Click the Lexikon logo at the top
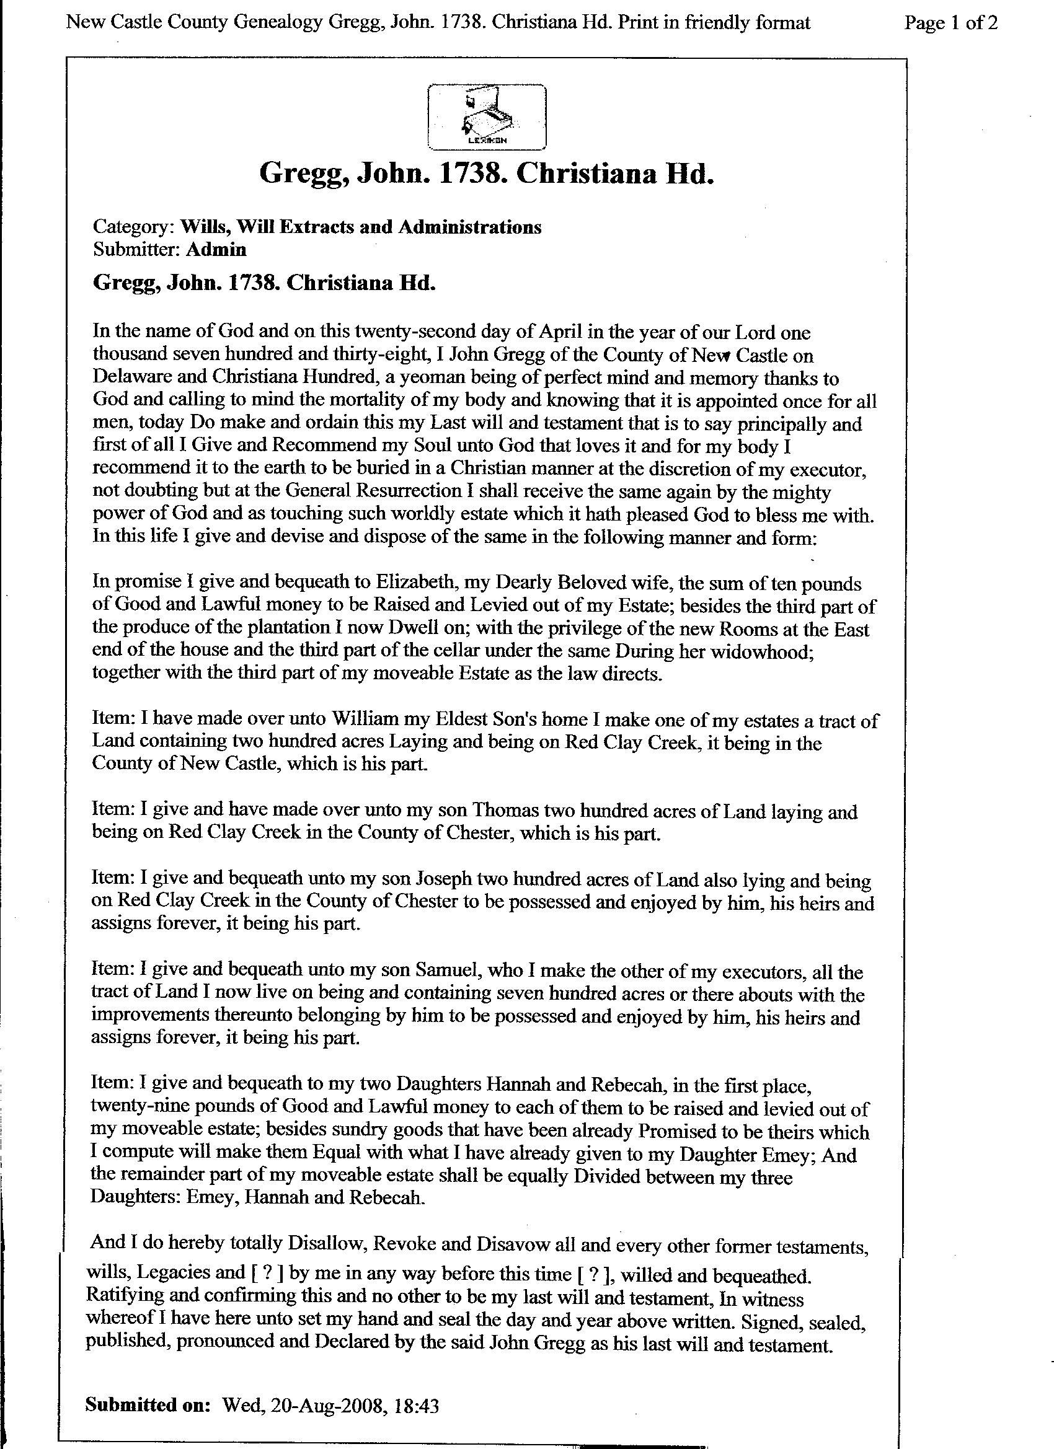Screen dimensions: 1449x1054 coord(486,117)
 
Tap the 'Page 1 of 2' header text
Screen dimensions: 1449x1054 coord(950,24)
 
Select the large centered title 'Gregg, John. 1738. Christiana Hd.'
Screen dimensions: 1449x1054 coord(486,174)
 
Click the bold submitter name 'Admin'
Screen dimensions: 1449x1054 coord(215,249)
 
